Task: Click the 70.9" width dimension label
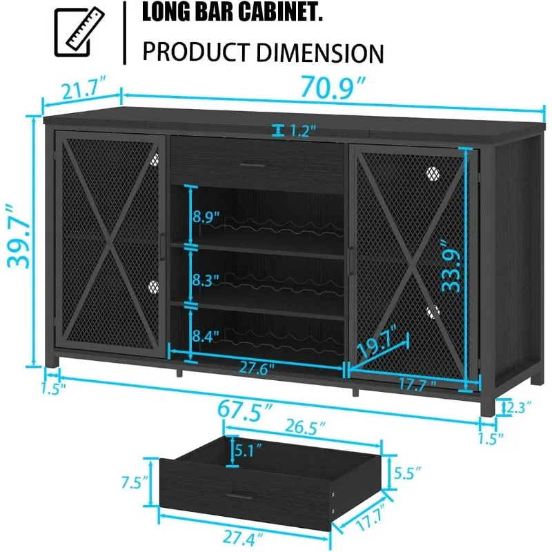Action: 333,87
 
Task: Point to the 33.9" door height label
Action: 451,266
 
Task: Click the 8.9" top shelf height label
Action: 206,217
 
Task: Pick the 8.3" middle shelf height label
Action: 206,280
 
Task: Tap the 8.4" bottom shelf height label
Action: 206,336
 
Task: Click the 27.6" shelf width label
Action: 257,368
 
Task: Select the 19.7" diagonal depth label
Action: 377,340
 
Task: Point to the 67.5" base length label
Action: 245,410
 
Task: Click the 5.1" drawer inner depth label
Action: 248,451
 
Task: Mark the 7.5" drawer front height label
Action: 135,482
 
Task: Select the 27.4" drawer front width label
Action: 243,538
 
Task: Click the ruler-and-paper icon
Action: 79,32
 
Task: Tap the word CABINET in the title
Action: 281,12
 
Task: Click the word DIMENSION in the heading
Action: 319,53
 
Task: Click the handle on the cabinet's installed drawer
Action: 253,165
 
